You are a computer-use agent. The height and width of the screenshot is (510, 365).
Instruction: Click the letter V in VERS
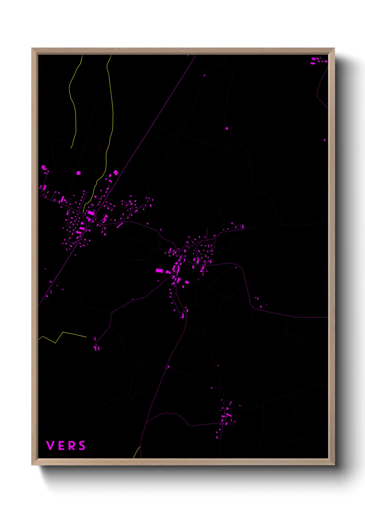click(x=50, y=446)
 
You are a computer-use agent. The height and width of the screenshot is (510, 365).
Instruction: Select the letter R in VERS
click(x=71, y=446)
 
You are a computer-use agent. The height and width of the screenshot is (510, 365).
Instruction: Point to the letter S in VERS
click(x=82, y=446)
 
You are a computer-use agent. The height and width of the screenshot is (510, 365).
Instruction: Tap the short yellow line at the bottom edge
click(x=137, y=452)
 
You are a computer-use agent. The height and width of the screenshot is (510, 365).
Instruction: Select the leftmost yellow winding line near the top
click(x=73, y=103)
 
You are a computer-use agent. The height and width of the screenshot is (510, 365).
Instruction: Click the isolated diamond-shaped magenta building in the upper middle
click(x=227, y=129)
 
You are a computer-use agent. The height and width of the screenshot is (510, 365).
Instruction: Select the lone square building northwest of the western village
click(x=78, y=173)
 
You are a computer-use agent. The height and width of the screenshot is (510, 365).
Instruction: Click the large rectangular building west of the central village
click(x=159, y=271)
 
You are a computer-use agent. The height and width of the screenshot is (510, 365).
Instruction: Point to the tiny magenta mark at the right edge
click(x=325, y=140)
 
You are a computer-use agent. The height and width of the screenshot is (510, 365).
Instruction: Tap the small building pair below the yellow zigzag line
click(x=97, y=347)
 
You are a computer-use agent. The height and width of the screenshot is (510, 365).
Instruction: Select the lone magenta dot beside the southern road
click(x=168, y=367)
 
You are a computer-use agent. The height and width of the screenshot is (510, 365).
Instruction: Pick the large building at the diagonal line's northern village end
click(x=116, y=172)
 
